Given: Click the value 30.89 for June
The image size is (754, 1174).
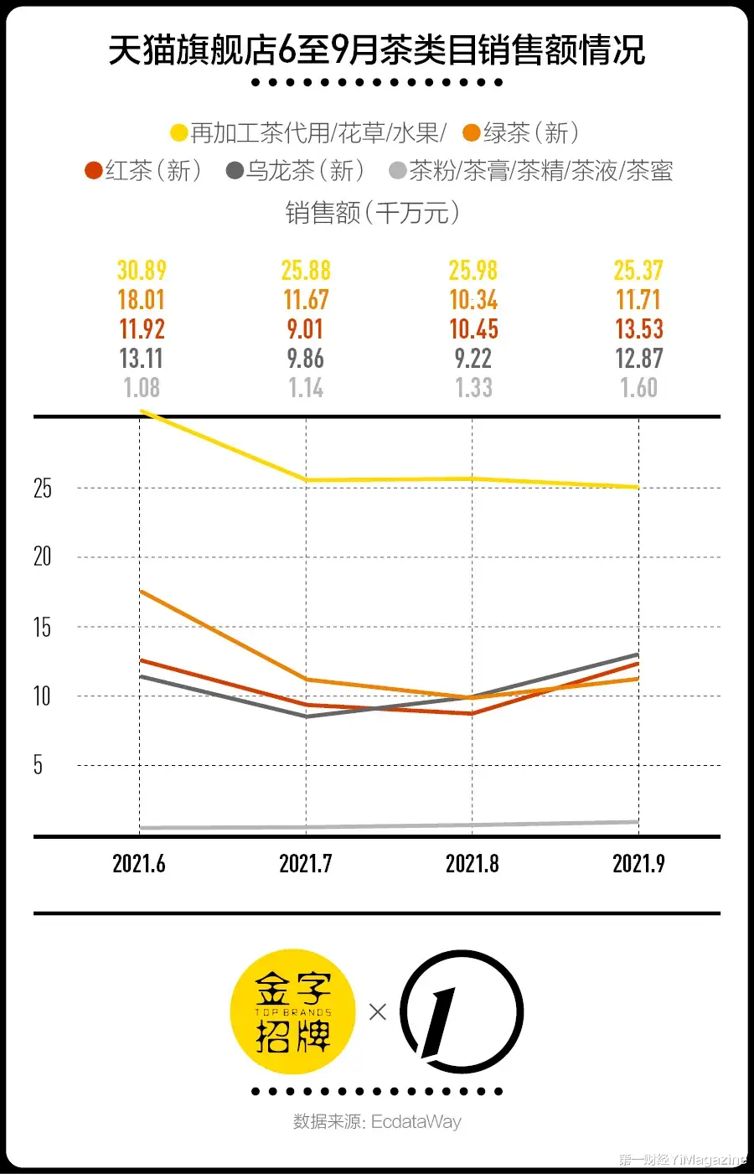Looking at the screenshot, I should point(142,271).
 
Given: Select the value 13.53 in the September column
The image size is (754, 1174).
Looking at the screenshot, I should point(639,329).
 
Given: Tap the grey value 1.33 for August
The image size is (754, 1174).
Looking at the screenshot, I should point(473,388).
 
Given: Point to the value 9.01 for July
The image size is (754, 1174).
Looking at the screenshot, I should point(305,329).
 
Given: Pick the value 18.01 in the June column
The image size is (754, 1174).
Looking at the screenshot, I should point(141,300).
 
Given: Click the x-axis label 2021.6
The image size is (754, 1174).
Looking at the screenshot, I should point(139,864).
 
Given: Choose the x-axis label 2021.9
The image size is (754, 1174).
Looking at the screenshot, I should point(638,864).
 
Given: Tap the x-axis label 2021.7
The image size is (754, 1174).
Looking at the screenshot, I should point(305,864).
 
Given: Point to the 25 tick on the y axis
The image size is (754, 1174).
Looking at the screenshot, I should point(42,489).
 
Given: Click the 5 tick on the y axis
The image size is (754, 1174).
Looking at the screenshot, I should point(38,765).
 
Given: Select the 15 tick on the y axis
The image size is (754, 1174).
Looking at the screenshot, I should point(42,628).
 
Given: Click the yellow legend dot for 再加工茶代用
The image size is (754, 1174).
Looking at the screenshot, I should point(178,133).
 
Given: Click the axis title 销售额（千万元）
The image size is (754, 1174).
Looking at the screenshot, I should point(373,213).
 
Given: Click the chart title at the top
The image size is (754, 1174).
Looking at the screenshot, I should point(377,51).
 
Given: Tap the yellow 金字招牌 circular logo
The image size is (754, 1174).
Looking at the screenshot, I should point(293,1011).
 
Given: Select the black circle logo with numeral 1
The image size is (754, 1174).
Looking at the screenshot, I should point(462,1011).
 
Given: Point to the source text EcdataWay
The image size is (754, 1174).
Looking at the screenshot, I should point(416,1121).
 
